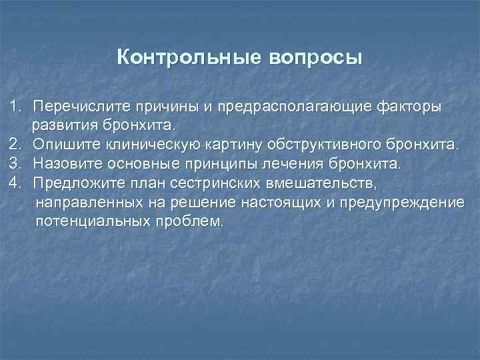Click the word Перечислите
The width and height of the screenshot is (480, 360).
pyautogui.click(x=80, y=106)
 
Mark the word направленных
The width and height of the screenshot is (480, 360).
pyautogui.click(x=83, y=201)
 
